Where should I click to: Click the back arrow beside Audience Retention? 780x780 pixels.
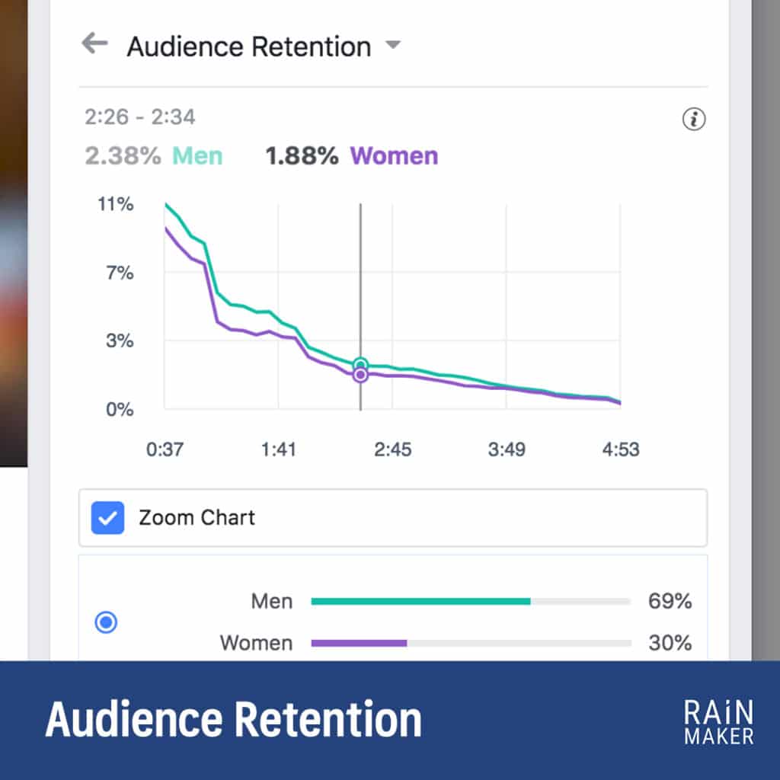click(94, 43)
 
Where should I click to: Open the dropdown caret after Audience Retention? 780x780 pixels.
click(393, 45)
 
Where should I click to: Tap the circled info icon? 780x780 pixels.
click(693, 120)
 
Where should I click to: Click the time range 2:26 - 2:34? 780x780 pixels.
click(140, 117)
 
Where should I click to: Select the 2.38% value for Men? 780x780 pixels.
click(123, 156)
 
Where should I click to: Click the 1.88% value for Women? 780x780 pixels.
click(302, 156)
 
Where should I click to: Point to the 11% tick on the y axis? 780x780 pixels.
click(117, 204)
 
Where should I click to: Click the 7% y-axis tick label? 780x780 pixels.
click(119, 273)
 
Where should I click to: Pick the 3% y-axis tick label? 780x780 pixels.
click(119, 340)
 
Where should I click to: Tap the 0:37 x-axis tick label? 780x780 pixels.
click(165, 449)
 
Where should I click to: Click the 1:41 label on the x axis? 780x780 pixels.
click(278, 449)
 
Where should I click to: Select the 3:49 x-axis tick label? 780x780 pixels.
click(507, 449)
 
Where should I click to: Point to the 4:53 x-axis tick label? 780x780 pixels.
click(621, 449)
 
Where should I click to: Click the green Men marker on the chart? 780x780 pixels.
click(360, 365)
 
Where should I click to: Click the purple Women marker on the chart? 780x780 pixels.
click(360, 375)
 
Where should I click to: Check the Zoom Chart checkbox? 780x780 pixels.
click(107, 518)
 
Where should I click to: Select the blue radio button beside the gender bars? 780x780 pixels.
click(106, 622)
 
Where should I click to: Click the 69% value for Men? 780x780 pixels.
click(670, 602)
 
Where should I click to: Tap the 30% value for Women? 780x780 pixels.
click(670, 643)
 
